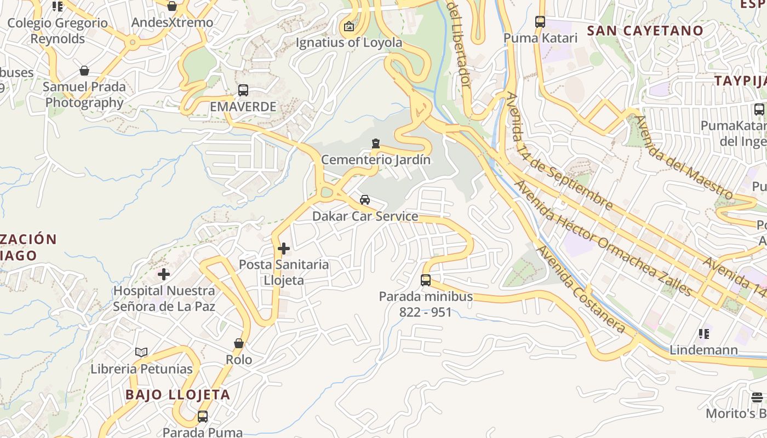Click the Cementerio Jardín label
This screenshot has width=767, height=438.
pyautogui.click(x=376, y=160)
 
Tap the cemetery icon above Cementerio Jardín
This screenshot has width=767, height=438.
pyautogui.click(x=376, y=143)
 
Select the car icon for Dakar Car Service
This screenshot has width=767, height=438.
pyautogui.click(x=365, y=200)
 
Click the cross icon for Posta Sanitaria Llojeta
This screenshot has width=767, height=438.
pyautogui.click(x=284, y=249)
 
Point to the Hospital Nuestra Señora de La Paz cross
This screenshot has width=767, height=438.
pyautogui.click(x=164, y=274)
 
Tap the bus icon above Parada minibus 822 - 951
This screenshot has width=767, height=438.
pyautogui.click(x=426, y=280)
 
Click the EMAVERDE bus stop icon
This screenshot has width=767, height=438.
pyautogui.click(x=243, y=90)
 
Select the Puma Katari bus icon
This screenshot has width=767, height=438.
pyautogui.click(x=540, y=22)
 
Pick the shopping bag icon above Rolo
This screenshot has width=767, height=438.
pyautogui.click(x=239, y=344)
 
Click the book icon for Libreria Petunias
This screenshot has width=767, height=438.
pyautogui.click(x=141, y=352)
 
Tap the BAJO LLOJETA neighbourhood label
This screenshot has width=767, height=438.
pyautogui.click(x=178, y=395)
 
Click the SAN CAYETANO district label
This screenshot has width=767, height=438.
pyautogui.click(x=645, y=31)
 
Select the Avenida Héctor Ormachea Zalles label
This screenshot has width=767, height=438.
pyautogui.click(x=603, y=238)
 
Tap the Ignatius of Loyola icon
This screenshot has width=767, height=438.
pyautogui.click(x=349, y=26)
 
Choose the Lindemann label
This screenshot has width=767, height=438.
pyautogui.click(x=704, y=350)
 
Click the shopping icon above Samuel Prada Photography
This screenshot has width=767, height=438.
pyautogui.click(x=84, y=71)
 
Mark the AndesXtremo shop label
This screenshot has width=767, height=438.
pyautogui.click(x=172, y=23)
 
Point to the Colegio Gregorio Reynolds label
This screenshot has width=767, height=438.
pyautogui.click(x=58, y=31)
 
